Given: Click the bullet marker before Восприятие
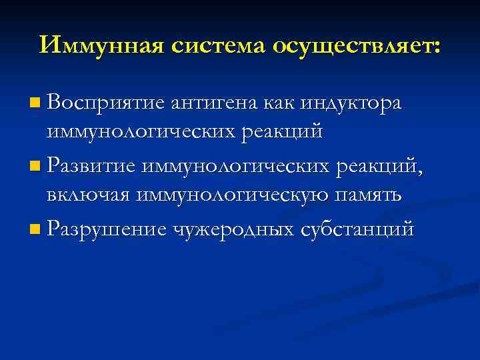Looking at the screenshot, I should [x=35, y=104].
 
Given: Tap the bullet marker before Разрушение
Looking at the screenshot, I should [x=35, y=230].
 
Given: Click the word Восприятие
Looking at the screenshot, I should [x=106, y=104].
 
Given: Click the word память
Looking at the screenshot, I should [x=371, y=195].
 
